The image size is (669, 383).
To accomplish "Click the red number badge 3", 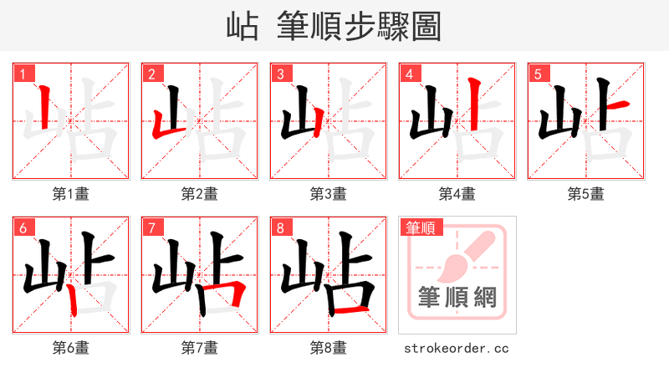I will point(281,74).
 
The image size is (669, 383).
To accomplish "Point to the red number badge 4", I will point(410,74).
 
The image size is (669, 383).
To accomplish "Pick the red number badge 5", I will point(539,74).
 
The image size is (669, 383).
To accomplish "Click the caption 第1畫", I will point(71,194).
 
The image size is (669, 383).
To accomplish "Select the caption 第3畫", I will point(329,194).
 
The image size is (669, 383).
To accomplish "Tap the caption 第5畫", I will point(586,194).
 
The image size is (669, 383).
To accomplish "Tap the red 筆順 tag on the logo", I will point(421,227).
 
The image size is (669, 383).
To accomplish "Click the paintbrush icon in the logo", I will point(460,256).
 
